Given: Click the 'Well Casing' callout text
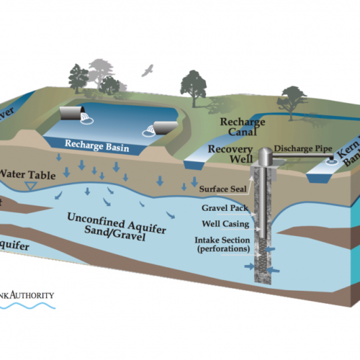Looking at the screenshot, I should click(220, 224).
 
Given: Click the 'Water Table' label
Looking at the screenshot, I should click(25, 174).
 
